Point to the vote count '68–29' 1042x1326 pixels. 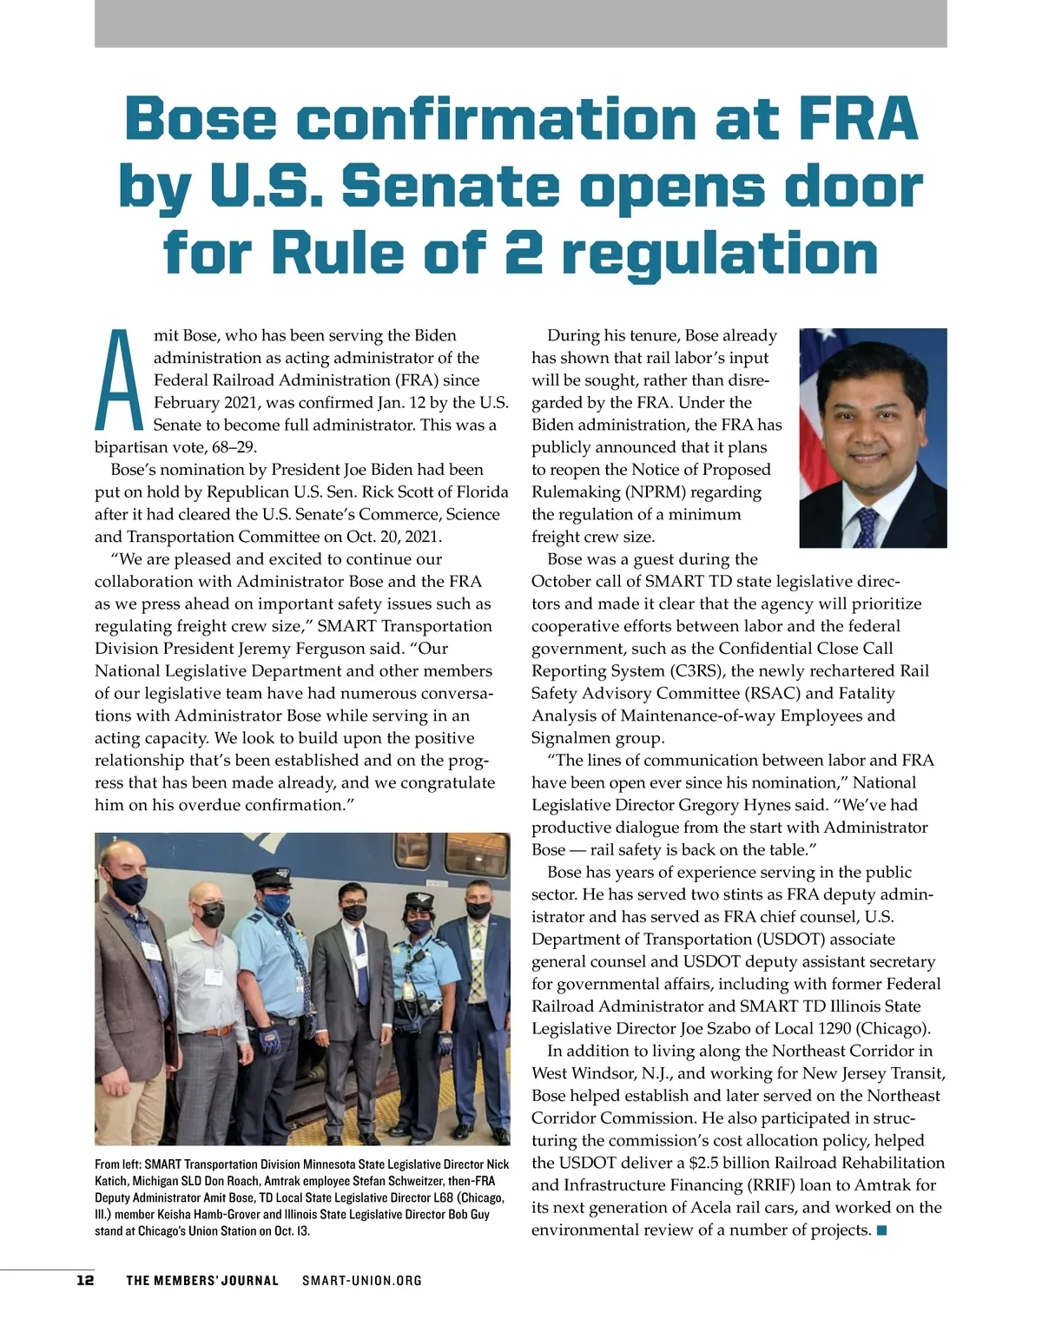(228, 447)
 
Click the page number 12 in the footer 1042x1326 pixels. (85, 1280)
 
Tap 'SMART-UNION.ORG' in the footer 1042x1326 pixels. (362, 1280)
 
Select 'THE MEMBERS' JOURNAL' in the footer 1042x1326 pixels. (202, 1280)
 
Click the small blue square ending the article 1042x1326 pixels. (881, 1230)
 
